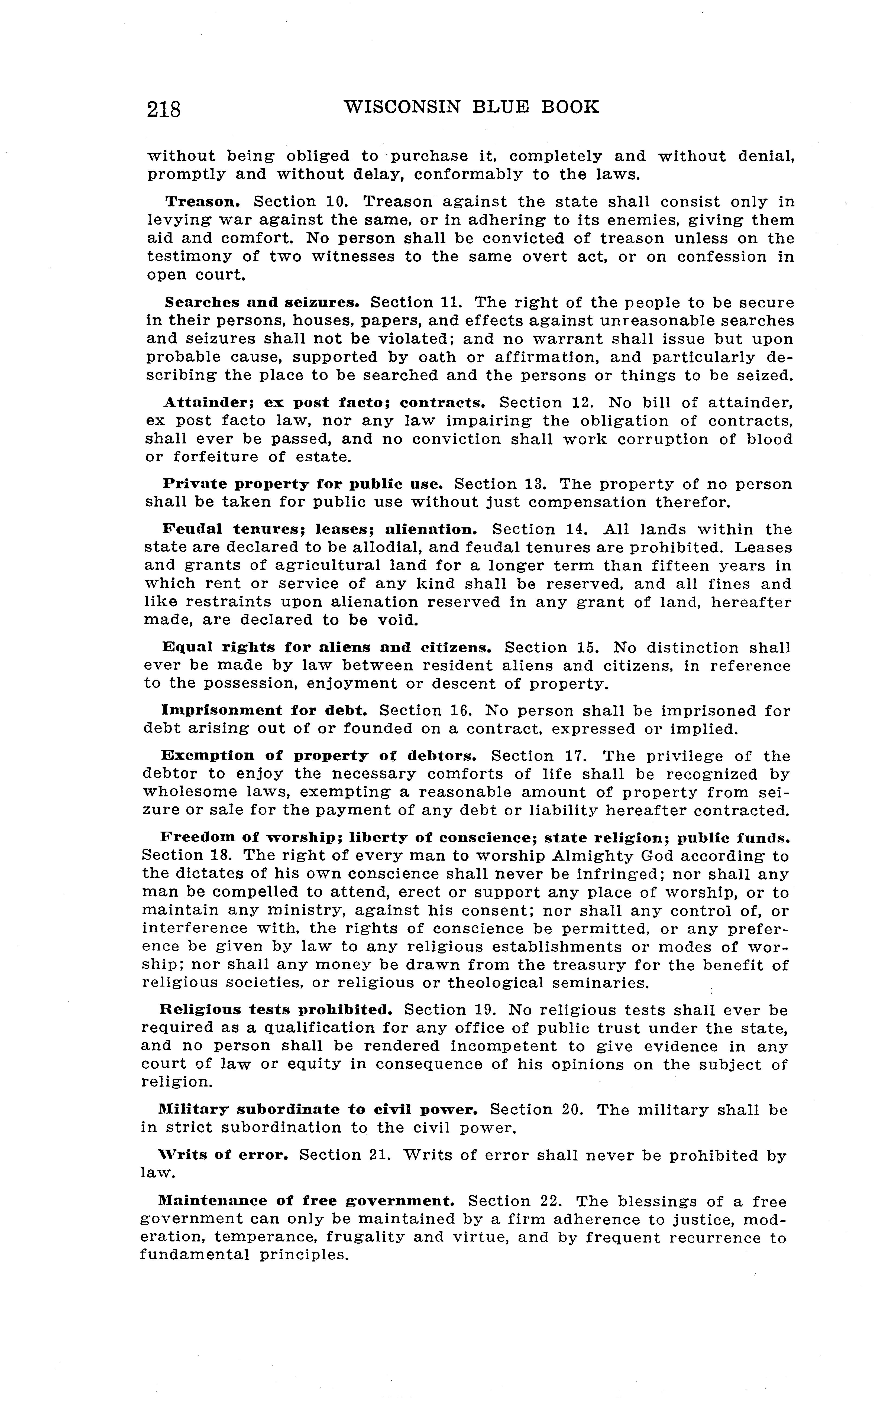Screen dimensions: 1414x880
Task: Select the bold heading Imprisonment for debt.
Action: (264, 711)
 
